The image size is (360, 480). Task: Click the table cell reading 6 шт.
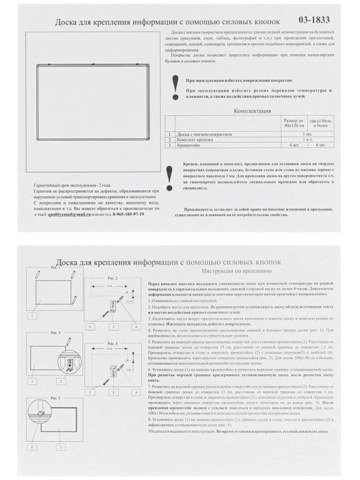coord(319,145)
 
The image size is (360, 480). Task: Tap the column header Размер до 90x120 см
coord(294,123)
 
